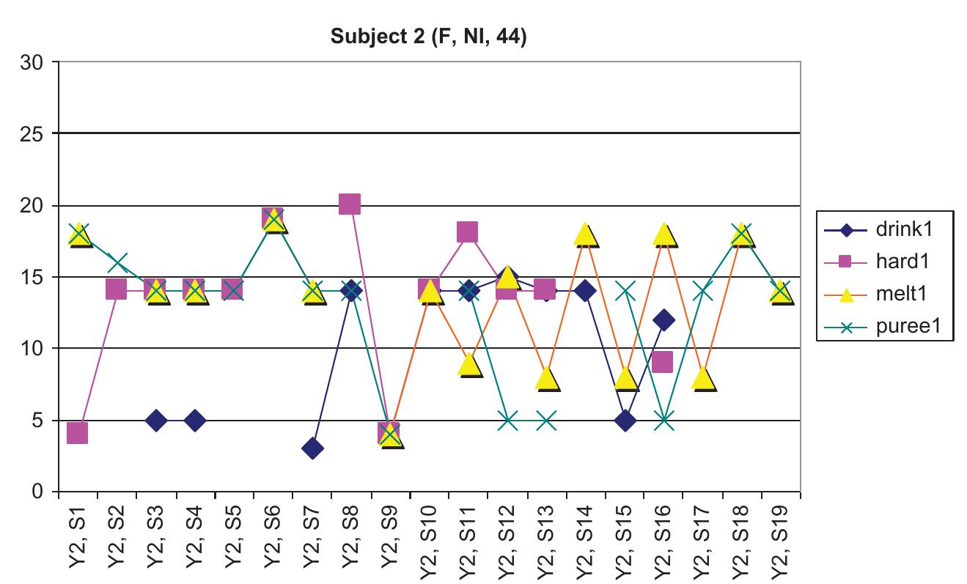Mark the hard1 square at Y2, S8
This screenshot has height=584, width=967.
[350, 204]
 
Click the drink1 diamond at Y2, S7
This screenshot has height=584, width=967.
[312, 448]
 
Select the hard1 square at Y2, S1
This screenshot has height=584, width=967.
[78, 433]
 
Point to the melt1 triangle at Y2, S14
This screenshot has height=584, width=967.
[585, 234]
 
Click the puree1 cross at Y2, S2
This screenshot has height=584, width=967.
[117, 262]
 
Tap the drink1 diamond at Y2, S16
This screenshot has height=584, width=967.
[663, 319]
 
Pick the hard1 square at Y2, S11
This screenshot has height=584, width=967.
[468, 232]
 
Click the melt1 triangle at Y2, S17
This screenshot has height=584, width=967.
[702, 377]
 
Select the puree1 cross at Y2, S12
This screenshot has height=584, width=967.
[507, 421]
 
